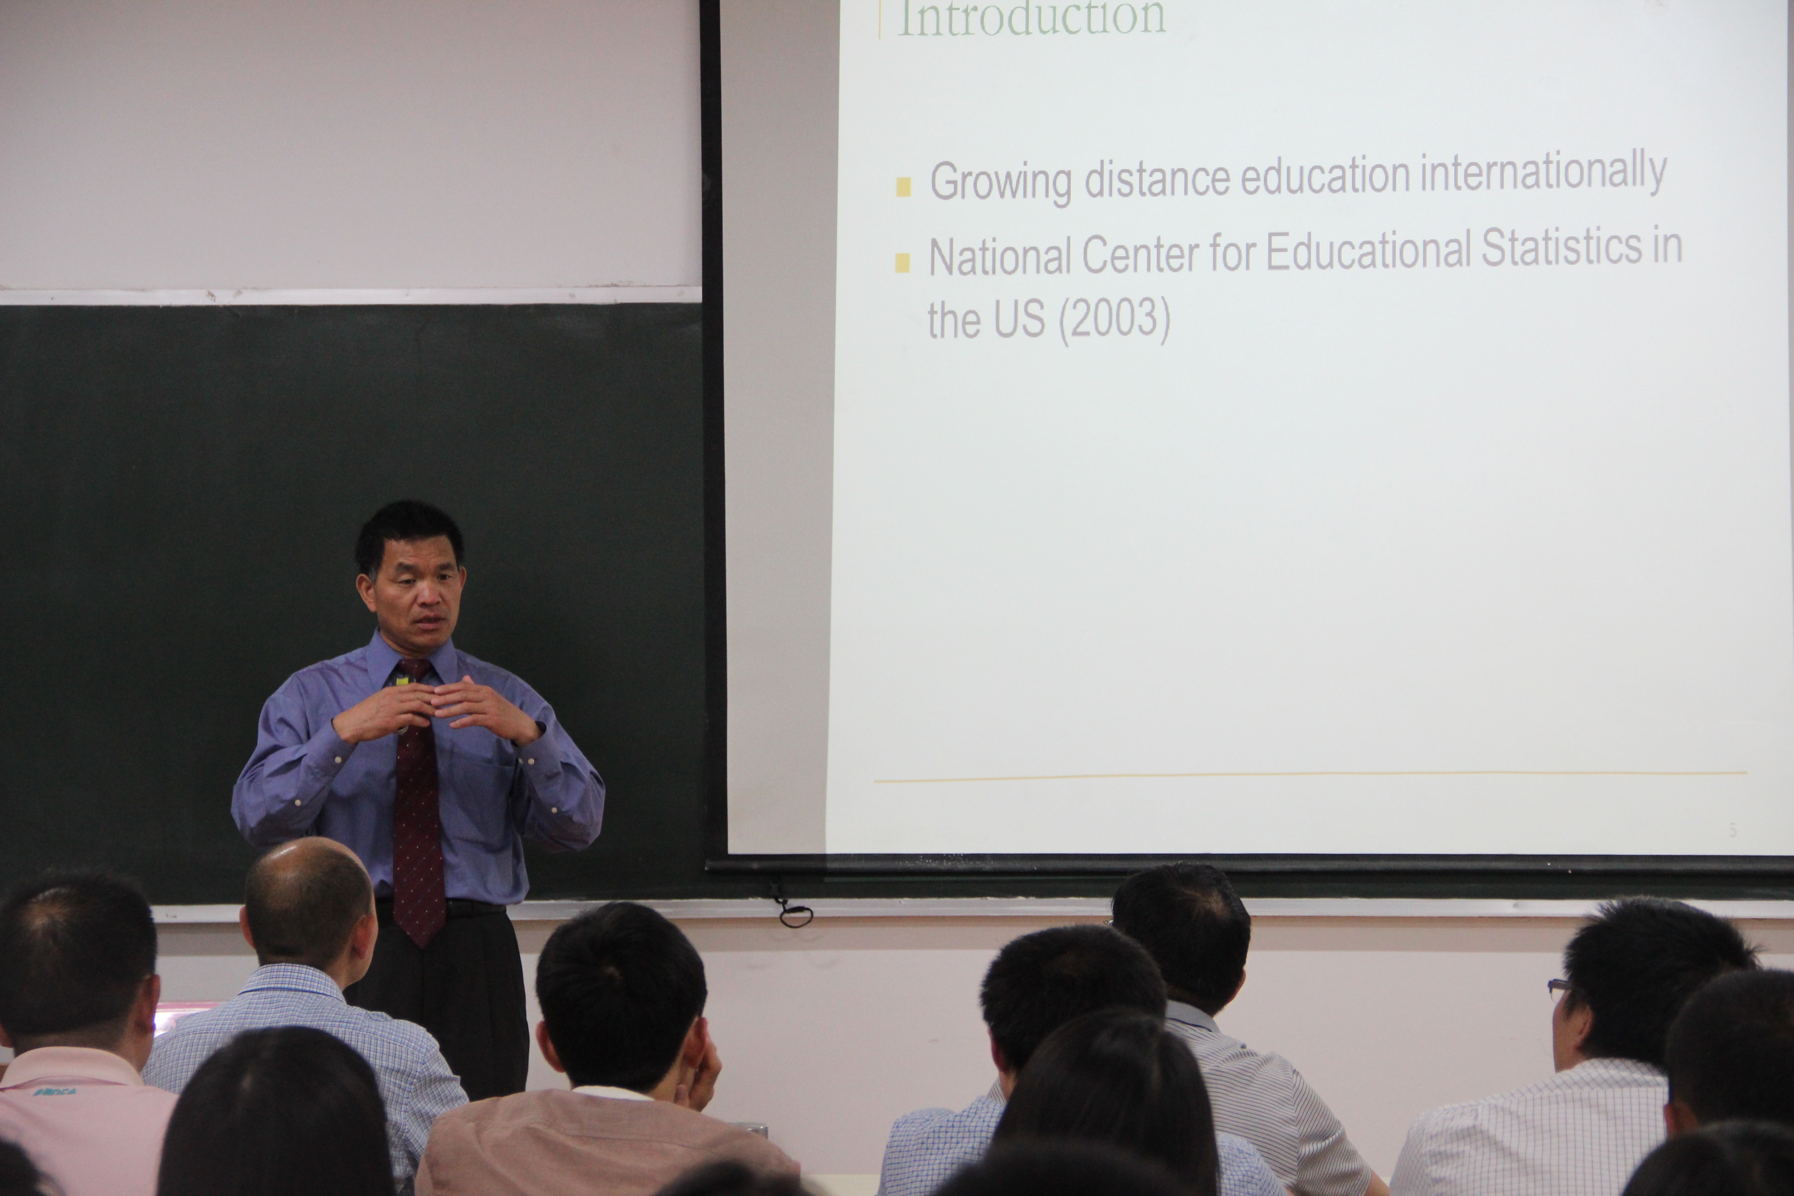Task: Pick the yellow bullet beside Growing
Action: tap(904, 187)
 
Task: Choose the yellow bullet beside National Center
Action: tap(902, 262)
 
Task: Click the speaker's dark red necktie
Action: tap(417, 808)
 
